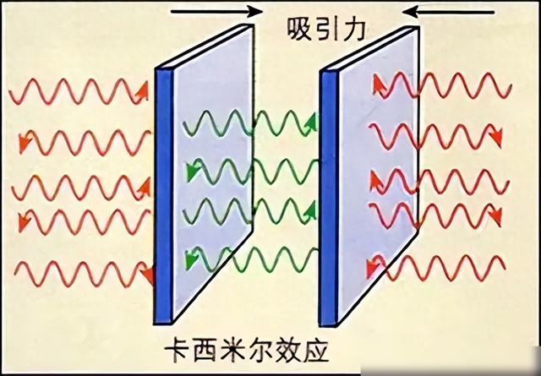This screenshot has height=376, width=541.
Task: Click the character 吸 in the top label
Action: click(x=299, y=30)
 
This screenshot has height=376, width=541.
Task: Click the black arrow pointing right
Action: click(x=216, y=11)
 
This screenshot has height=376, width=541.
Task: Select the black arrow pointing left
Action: click(x=448, y=13)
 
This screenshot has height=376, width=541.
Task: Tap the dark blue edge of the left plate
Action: click(x=163, y=196)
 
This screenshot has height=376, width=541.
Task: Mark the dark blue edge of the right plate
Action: click(x=329, y=199)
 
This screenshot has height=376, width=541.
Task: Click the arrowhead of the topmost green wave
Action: click(x=312, y=123)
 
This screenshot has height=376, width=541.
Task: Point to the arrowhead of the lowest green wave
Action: click(x=191, y=260)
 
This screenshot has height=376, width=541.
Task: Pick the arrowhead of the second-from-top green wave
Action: click(x=193, y=172)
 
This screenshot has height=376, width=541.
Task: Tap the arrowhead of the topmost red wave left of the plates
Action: click(x=142, y=91)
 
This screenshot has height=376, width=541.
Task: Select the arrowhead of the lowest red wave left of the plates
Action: click(x=147, y=275)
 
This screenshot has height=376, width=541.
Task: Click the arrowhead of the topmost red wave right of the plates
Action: click(x=379, y=84)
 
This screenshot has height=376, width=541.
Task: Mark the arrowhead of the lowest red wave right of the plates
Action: click(x=373, y=266)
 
